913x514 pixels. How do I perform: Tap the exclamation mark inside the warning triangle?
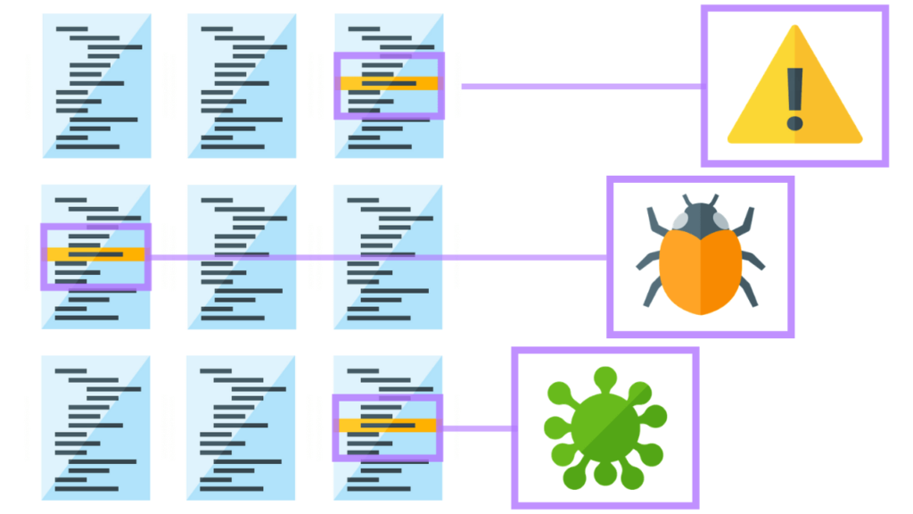point(795,94)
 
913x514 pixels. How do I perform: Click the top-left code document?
point(96,86)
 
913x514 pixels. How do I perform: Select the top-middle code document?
point(242,86)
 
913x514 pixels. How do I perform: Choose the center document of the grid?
point(242,257)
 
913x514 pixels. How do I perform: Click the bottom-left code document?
point(96,427)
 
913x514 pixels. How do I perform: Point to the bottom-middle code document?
point(242,427)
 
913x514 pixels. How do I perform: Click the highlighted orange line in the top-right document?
point(389,83)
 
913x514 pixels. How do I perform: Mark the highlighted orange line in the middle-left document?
point(96,254)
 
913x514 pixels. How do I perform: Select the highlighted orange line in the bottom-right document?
point(388,425)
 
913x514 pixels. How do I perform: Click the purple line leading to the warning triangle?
point(580,87)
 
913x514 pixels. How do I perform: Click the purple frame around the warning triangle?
point(794,10)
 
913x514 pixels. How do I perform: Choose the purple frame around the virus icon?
point(605,352)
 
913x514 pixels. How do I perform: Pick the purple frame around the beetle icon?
point(700,180)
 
